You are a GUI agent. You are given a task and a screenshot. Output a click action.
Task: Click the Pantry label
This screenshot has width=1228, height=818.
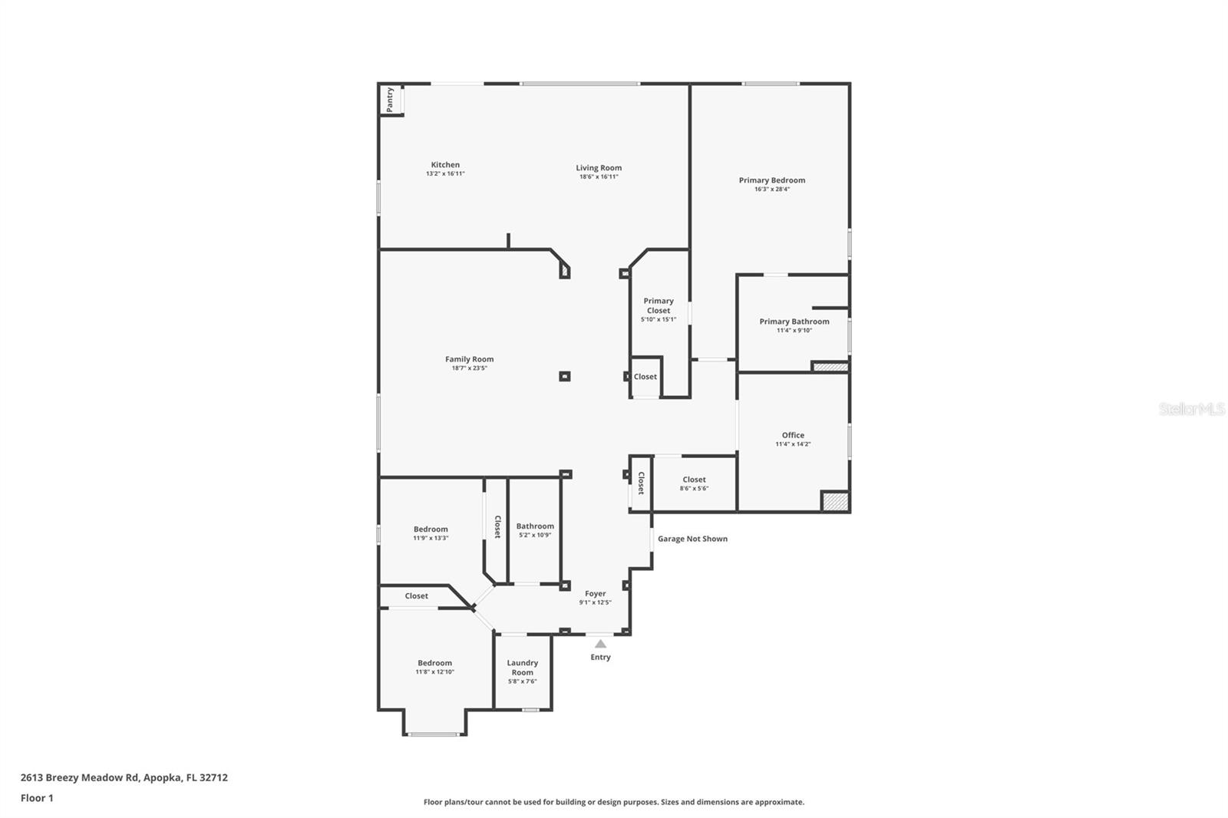tap(390, 100)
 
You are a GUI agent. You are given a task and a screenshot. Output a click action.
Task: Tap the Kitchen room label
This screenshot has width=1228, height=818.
tap(445, 164)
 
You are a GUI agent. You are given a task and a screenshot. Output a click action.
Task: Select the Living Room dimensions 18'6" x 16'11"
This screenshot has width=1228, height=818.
tap(599, 176)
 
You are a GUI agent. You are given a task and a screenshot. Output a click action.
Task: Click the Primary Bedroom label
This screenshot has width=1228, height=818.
tap(772, 180)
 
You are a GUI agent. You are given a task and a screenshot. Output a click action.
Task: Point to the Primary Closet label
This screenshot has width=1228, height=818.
tap(659, 305)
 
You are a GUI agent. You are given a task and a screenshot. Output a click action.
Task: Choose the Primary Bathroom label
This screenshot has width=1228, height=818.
tap(794, 322)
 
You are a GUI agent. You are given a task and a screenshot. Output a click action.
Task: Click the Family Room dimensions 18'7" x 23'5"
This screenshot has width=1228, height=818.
tap(469, 368)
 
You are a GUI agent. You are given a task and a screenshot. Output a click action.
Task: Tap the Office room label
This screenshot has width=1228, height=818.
tap(793, 435)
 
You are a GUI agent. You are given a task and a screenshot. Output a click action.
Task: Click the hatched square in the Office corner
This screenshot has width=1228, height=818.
tap(834, 501)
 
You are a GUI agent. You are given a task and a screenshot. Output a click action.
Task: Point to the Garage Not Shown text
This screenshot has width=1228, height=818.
tap(692, 539)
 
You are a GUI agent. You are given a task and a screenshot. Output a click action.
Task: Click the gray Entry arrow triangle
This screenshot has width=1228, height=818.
tap(600, 644)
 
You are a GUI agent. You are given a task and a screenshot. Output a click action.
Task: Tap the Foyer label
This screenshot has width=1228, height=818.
tap(595, 593)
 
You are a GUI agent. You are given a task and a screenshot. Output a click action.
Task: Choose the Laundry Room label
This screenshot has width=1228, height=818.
tap(522, 668)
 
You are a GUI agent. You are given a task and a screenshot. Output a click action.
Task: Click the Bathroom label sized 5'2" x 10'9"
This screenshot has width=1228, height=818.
tap(534, 526)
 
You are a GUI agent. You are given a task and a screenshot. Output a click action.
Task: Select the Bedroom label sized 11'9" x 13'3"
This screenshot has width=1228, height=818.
tap(431, 529)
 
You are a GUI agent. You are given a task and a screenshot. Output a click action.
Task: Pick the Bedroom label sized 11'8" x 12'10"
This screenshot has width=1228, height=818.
tap(434, 663)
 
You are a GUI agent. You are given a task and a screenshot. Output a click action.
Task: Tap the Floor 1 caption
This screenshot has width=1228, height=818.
tap(37, 798)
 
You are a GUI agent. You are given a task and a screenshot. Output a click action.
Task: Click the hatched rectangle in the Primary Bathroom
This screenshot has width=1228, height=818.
tap(830, 366)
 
